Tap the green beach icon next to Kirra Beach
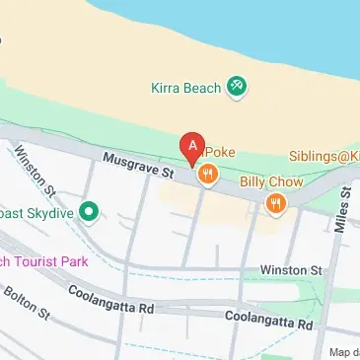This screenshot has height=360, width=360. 236,87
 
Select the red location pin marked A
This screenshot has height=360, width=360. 193,148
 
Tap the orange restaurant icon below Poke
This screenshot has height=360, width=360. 206,176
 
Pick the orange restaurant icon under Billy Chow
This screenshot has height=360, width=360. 276,203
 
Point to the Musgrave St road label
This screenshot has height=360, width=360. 138,165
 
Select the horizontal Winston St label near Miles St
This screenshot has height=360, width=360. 291,269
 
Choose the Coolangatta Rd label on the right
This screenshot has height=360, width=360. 268,320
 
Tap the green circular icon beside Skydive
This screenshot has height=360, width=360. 89,211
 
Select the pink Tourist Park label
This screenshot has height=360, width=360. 44,261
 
